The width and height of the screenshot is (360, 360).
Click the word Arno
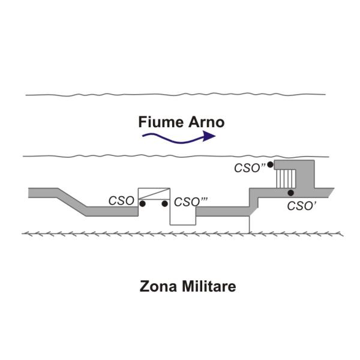(x=206, y=122)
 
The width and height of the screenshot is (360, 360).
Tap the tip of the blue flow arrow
(x=215, y=136)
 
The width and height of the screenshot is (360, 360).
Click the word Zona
(x=158, y=286)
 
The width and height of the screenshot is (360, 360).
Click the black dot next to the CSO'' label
(x=270, y=164)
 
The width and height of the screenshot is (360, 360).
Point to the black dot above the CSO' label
(x=290, y=193)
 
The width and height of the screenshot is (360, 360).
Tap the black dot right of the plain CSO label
(x=142, y=203)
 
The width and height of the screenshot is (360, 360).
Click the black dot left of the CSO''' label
(x=164, y=203)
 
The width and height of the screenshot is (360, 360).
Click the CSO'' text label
(x=250, y=168)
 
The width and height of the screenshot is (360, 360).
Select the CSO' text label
(x=302, y=206)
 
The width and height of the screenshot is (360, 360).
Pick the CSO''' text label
(x=191, y=202)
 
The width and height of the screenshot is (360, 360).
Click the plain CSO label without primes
(x=121, y=200)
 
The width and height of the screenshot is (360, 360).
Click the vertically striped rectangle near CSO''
(x=286, y=179)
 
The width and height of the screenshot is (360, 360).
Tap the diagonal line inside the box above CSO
(x=154, y=194)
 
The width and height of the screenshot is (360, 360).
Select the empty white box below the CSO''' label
(x=183, y=216)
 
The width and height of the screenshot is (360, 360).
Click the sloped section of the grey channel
(x=71, y=202)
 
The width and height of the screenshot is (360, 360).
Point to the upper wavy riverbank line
(x=175, y=94)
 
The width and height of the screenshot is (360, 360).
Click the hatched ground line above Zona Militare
(x=182, y=234)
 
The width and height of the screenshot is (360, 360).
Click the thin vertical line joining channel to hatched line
(x=250, y=224)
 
